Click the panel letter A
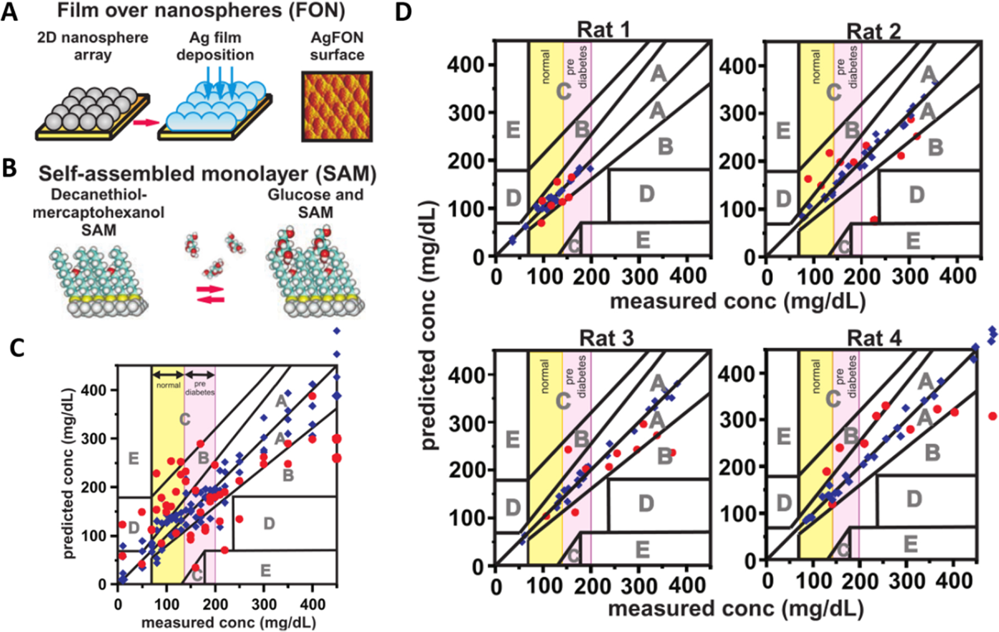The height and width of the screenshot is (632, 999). [9, 12]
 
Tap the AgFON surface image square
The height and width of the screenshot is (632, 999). [336, 106]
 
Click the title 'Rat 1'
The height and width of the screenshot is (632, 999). [603, 30]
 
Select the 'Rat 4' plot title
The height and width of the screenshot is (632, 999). [873, 338]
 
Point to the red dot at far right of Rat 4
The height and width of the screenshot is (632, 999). [992, 416]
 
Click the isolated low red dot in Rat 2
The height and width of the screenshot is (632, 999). [874, 220]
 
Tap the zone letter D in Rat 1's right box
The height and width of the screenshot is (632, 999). [647, 194]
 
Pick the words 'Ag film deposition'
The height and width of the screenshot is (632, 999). [215, 46]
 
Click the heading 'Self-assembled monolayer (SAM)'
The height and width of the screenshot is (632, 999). [207, 174]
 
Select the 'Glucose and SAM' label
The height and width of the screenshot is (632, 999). [316, 203]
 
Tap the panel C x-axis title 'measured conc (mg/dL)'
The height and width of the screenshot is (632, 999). [229, 623]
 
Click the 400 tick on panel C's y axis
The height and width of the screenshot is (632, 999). [94, 390]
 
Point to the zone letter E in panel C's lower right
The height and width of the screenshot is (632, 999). [265, 570]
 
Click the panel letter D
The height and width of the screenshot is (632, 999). [403, 12]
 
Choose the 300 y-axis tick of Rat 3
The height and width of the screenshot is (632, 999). [465, 422]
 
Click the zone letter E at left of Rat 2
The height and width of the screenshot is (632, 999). [783, 131]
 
